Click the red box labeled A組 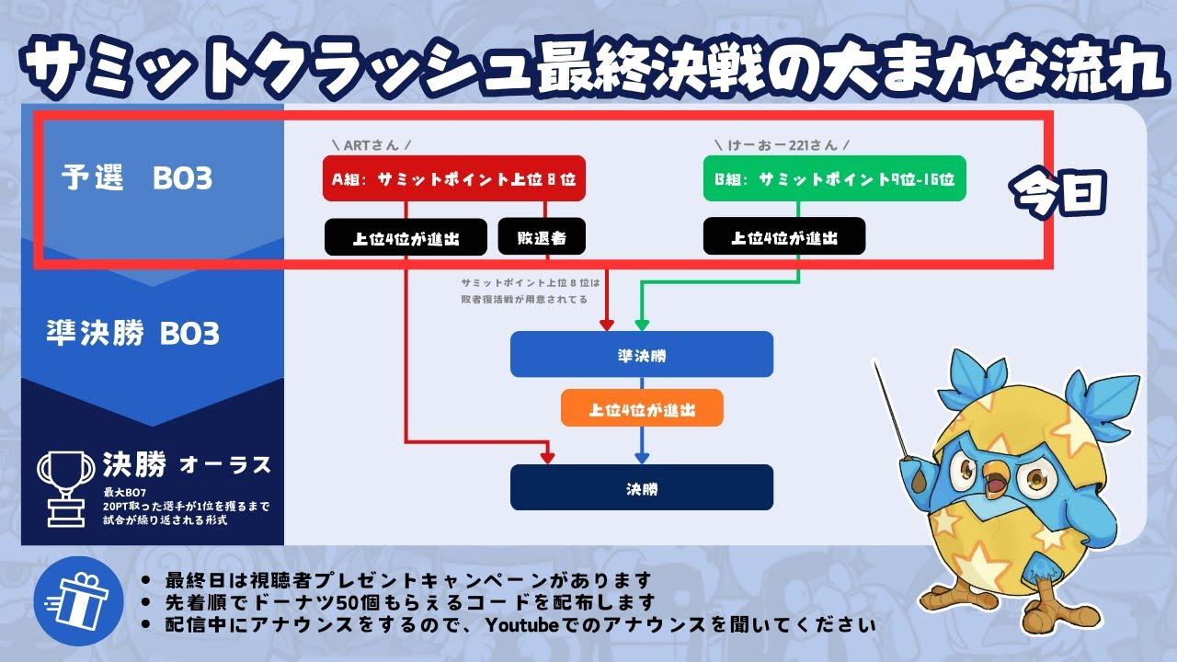click(453, 179)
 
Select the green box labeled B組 click(834, 179)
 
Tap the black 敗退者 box click(542, 237)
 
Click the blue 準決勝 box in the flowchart click(642, 354)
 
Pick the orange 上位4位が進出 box click(642, 408)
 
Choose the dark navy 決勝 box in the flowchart click(642, 487)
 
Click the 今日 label click(1059, 192)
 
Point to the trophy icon click(66, 484)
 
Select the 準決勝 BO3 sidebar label click(132, 333)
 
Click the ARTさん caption click(370, 145)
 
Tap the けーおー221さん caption click(781, 145)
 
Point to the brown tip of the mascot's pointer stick click(920, 479)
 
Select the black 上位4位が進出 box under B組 click(784, 237)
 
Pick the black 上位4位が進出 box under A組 click(406, 237)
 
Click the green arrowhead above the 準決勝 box click(642, 325)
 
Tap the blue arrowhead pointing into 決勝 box click(642, 457)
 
